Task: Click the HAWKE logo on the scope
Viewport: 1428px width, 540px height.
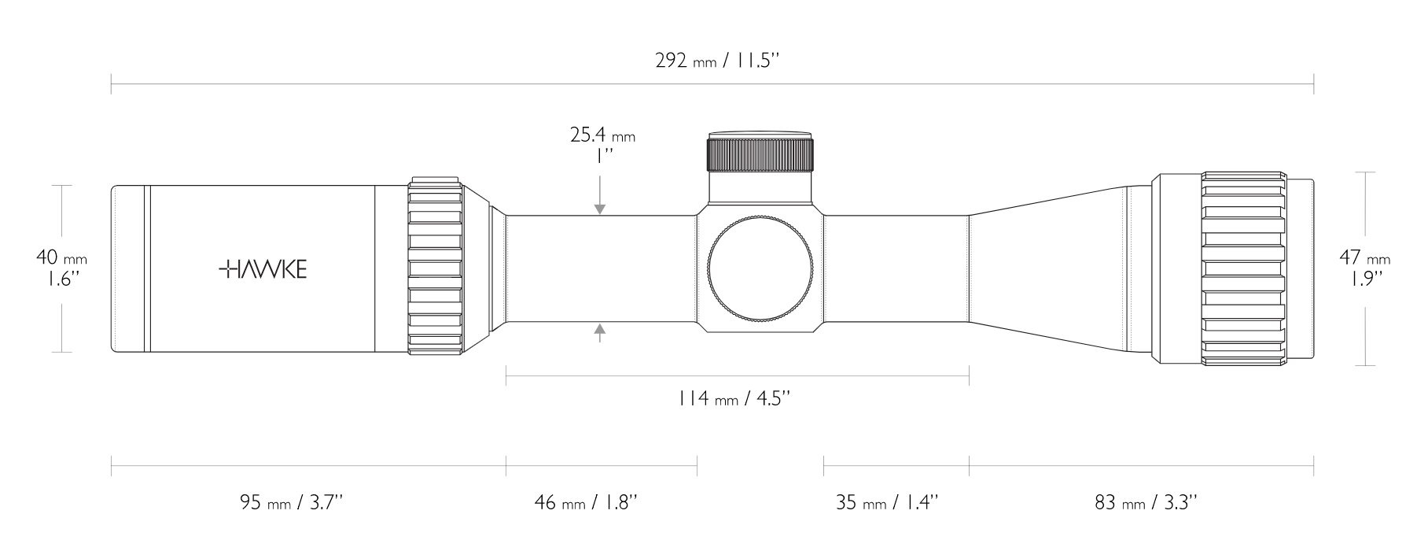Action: click(x=263, y=269)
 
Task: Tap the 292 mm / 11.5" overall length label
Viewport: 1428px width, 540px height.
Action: click(x=716, y=61)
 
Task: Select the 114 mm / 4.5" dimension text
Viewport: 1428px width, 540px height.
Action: click(x=734, y=398)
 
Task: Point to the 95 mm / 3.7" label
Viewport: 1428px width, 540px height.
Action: click(x=290, y=501)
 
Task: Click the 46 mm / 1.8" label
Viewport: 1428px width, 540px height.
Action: click(x=585, y=501)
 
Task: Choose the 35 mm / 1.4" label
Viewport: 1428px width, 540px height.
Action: click(x=887, y=501)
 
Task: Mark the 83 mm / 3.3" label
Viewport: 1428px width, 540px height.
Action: click(x=1146, y=501)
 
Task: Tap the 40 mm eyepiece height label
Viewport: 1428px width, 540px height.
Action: click(x=61, y=268)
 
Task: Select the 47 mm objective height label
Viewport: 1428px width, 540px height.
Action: click(x=1364, y=268)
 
